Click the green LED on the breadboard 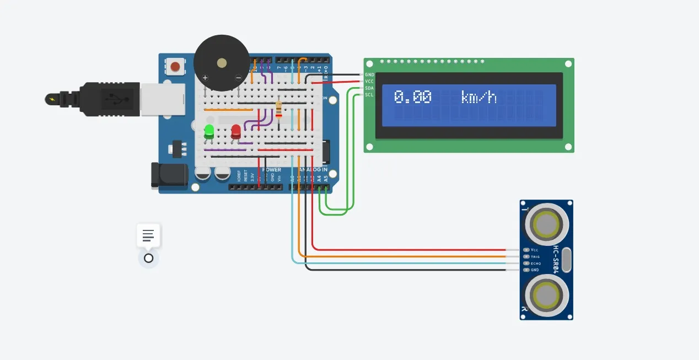tap(209, 131)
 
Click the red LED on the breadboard tap(236, 131)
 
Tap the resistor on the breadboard tap(278, 109)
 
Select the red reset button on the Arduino tap(175, 67)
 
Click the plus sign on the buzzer tap(205, 78)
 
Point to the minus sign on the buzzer tap(238, 78)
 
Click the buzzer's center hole tap(221, 63)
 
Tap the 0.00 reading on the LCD tap(413, 98)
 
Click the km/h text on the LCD tap(479, 98)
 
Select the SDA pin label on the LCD tap(369, 88)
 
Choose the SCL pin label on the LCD tap(369, 95)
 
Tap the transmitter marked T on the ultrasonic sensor tap(546, 224)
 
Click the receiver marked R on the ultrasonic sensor tap(546, 295)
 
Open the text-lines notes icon tap(148, 235)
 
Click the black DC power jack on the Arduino tap(169, 176)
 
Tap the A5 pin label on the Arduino tap(326, 178)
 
